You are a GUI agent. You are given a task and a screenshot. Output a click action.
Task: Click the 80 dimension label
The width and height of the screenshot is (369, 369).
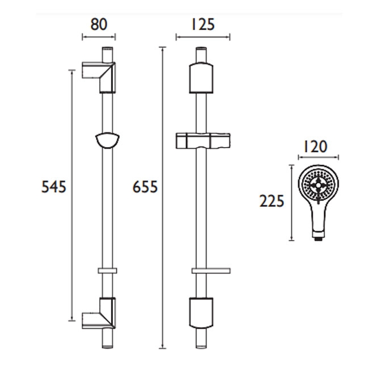click(x=99, y=24)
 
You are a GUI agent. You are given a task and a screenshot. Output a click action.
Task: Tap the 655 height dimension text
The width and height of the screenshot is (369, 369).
click(x=145, y=186)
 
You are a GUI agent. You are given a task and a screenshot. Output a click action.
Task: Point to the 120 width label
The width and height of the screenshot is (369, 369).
click(x=316, y=148)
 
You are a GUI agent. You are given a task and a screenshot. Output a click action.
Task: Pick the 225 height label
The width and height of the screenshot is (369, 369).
click(x=271, y=201)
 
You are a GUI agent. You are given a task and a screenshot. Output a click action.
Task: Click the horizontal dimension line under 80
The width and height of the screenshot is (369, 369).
click(x=99, y=38)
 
